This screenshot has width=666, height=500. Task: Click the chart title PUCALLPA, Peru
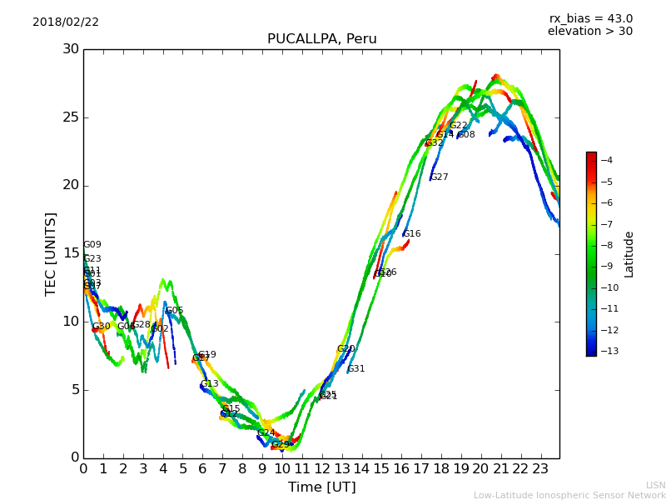pos(321,39)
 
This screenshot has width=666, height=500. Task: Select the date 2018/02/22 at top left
pos(66,22)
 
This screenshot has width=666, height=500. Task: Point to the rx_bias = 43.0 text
pos(590,18)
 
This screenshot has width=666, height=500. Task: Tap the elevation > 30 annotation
pos(589,32)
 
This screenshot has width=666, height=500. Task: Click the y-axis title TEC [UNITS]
pos(51,253)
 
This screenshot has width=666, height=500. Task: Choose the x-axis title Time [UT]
pos(321,487)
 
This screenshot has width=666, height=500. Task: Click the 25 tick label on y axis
pos(69,117)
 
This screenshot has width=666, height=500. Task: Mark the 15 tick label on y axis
pos(69,253)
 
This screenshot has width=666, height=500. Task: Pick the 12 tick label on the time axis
pos(321,469)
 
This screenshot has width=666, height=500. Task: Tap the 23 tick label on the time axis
pos(540,469)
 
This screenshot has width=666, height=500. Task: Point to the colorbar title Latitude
pos(629,254)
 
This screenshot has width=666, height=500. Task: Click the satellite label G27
pos(439,177)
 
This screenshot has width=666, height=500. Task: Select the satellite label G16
pos(412,234)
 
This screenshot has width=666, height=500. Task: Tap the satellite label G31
pos(356,369)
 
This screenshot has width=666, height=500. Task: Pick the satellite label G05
pos(174,311)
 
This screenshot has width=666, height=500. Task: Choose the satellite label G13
pos(209,384)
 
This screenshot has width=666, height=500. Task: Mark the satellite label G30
pos(101,327)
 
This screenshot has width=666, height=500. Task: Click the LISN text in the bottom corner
pos(655,485)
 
